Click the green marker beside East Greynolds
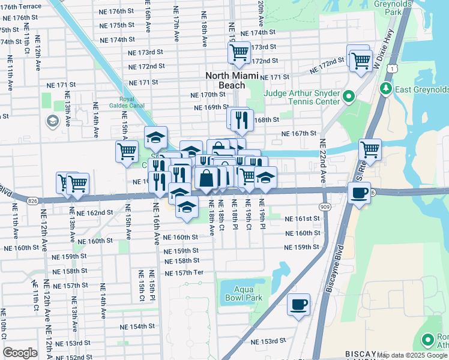click(x=385, y=89)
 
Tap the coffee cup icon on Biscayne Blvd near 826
click(x=359, y=193)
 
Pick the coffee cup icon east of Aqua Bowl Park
click(x=298, y=305)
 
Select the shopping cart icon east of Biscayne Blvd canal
click(x=370, y=150)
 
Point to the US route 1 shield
click(x=392, y=70)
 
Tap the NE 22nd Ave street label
click(x=322, y=161)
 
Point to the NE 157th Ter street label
click(x=184, y=272)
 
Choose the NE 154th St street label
click(x=137, y=326)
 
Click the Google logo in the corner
click(x=20, y=352)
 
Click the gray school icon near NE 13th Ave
click(x=52, y=121)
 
